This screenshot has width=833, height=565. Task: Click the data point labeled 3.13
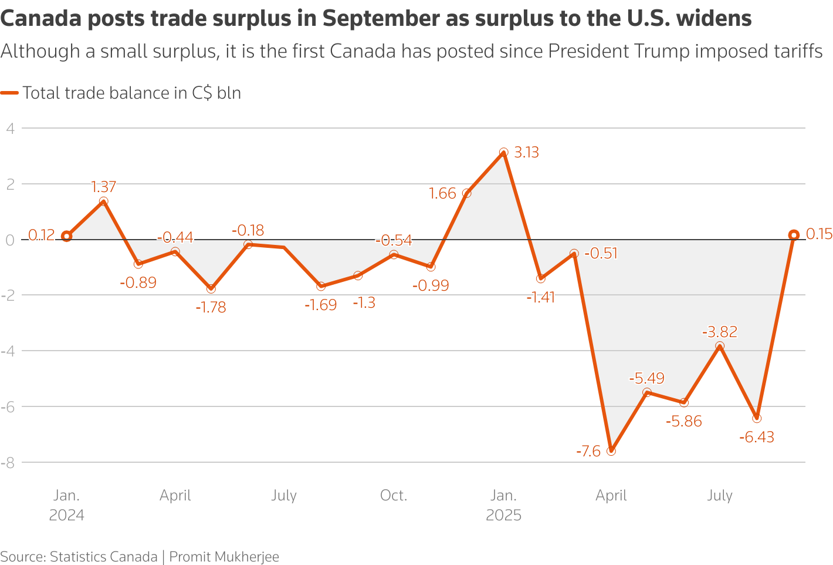point(503,152)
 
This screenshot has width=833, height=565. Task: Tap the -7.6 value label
point(588,451)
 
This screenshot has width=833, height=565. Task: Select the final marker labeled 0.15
point(794,235)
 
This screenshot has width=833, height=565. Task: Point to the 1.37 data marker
point(103,201)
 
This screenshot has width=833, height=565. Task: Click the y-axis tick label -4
point(8,351)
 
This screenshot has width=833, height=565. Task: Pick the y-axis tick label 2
point(10,184)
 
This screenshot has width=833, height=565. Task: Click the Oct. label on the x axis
point(394,495)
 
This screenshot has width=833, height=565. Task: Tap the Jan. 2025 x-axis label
point(503,505)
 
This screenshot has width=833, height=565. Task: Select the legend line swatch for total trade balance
point(10,93)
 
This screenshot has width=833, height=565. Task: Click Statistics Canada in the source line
point(103,556)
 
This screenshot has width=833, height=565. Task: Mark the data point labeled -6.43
point(757,418)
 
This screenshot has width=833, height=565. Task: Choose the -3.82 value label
point(720,332)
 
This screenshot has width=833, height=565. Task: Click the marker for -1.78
point(211,288)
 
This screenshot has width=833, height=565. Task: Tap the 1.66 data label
point(442,193)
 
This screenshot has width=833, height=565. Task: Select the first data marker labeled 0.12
point(67,236)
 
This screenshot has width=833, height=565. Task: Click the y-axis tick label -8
point(8,462)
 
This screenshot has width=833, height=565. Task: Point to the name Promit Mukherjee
point(224,556)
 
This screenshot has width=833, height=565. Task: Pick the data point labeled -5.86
point(683,402)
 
